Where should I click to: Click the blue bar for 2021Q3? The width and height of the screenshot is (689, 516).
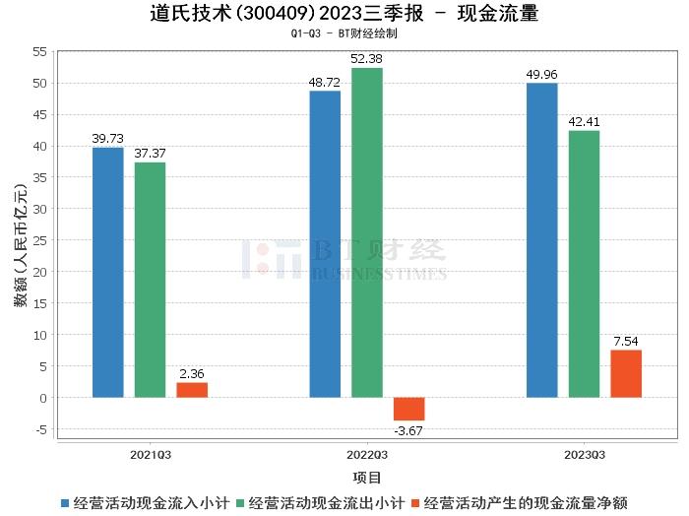click(108, 273)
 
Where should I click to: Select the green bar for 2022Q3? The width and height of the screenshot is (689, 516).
click(367, 232)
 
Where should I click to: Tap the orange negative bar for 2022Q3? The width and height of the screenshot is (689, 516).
click(408, 409)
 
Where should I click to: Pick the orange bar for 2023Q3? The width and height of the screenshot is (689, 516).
click(626, 374)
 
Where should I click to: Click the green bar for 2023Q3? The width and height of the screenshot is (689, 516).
click(584, 264)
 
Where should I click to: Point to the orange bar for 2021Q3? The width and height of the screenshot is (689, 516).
click(192, 390)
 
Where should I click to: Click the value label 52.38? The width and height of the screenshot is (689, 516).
click(367, 59)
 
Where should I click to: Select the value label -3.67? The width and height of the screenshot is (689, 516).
click(408, 430)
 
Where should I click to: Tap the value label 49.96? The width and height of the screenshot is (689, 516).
click(542, 74)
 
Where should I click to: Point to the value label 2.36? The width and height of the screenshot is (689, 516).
click(192, 374)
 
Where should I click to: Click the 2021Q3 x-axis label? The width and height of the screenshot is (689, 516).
click(151, 455)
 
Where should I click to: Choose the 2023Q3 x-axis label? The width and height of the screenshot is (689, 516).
click(585, 455)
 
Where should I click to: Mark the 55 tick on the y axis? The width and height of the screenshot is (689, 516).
click(40, 51)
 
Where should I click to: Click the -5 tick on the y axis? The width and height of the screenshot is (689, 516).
click(40, 429)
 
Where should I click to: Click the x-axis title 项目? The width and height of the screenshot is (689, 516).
click(367, 478)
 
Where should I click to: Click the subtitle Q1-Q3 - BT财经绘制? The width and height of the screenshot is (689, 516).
click(344, 33)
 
